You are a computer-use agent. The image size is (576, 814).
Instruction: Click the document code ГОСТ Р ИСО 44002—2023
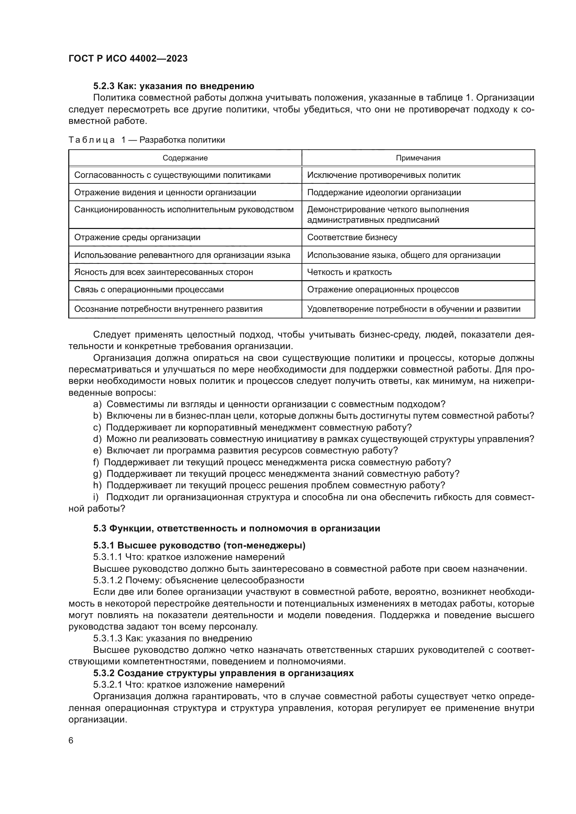128,58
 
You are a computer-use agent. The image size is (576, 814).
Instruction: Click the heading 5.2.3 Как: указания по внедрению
173,86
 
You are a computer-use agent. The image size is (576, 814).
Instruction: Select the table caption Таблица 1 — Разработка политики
147,140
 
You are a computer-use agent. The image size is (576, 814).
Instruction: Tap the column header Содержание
185,158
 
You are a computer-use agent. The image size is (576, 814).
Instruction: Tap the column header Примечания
418,158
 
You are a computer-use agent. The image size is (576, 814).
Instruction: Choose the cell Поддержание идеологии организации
384,192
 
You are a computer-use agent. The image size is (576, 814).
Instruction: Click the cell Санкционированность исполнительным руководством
184,210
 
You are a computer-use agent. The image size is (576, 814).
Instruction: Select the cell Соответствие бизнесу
352,238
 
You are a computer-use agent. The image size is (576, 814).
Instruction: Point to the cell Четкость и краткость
349,272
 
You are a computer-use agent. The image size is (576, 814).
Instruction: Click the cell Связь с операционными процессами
149,290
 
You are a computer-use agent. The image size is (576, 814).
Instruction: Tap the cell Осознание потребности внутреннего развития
168,309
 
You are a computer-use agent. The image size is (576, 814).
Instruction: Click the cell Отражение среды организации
137,238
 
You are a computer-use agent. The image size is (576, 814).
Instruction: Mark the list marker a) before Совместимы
97,404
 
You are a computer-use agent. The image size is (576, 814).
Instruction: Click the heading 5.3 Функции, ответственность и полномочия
236,529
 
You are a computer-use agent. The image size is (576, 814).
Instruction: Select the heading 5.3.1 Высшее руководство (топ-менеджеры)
199,545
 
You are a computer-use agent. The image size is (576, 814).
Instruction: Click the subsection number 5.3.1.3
108,639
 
